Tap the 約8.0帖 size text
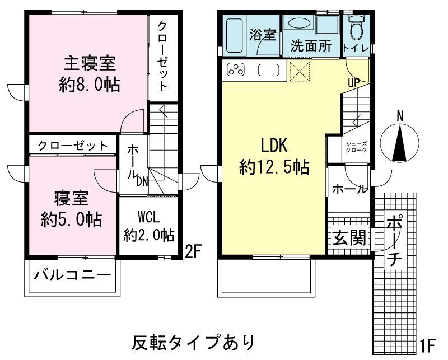[x=90, y=85]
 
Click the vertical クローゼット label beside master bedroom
[x=162, y=55]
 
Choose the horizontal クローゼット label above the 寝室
[x=73, y=146]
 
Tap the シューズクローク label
[x=356, y=147]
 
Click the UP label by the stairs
[x=353, y=82]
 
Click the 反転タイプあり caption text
[x=193, y=340]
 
